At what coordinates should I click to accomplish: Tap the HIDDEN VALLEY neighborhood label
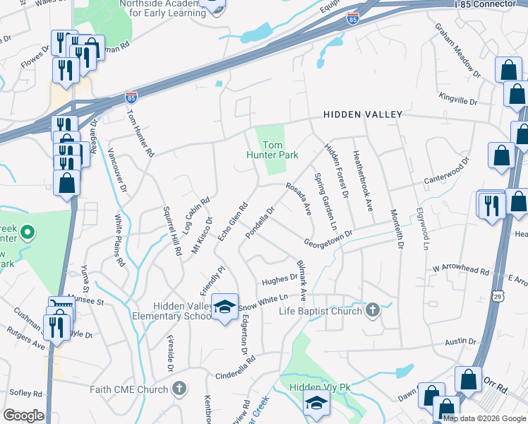pyautogui.click(x=362, y=114)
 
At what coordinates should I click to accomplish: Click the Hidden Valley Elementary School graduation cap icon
pyautogui.click(x=225, y=307)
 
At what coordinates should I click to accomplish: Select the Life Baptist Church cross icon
pyautogui.click(x=373, y=310)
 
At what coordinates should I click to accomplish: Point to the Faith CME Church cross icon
pyautogui.click(x=180, y=388)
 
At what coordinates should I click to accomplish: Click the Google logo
pyautogui.click(x=23, y=416)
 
